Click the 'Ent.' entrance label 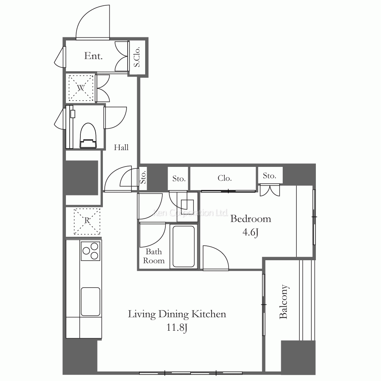coord(93,56)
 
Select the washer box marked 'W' coord(80,88)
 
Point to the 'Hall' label coord(122,148)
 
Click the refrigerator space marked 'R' coord(86,221)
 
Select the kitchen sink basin coord(91,301)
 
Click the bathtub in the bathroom coord(184,247)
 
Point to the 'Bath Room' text coord(154,256)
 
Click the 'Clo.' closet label coord(225,178)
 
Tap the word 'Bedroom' coord(251,219)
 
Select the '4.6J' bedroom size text coord(251,233)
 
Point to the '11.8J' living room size coord(176,328)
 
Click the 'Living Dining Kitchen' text coord(177,314)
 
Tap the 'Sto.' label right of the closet coord(269,176)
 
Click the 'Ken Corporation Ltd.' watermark coord(190,213)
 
